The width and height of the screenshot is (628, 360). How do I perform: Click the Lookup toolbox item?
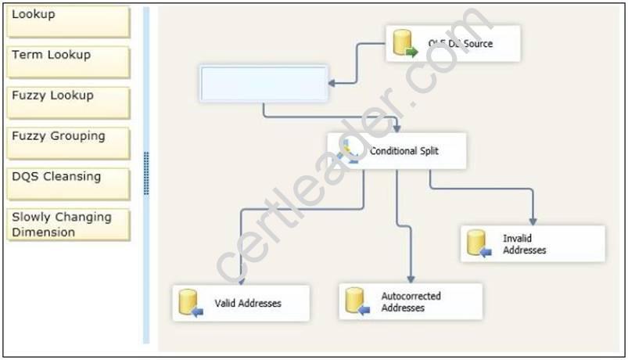pos(67,21)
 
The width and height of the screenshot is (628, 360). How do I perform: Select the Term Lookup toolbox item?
pos(67,61)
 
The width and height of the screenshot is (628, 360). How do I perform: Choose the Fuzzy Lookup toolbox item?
pos(67,102)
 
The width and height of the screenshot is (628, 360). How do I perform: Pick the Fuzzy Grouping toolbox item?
pos(67,142)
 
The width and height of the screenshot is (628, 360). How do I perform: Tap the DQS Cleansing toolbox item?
pos(67,183)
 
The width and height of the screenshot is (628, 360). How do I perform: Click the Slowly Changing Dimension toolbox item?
pos(67,225)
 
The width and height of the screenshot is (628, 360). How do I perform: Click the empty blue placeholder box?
pos(264,84)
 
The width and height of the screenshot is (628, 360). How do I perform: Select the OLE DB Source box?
pos(453,44)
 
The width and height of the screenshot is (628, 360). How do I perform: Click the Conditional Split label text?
pos(404,151)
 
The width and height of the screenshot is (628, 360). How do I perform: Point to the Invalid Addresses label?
pos(524,243)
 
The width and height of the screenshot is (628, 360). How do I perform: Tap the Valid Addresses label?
pos(247,303)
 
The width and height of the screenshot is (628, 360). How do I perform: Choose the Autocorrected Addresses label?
pos(411,302)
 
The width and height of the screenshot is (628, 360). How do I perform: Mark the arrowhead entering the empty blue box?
pos(332,82)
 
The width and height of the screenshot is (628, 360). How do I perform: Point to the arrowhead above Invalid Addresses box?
pos(533,221)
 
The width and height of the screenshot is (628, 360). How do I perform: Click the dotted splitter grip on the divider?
pos(146,173)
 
